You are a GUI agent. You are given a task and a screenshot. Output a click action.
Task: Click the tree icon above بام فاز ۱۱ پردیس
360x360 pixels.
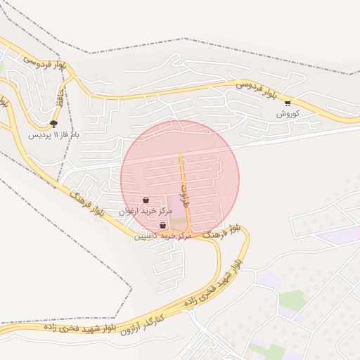(x=53, y=124)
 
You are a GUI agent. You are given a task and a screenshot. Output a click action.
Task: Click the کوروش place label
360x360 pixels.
(x=288, y=113)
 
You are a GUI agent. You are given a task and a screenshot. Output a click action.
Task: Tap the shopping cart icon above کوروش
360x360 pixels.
(x=288, y=103)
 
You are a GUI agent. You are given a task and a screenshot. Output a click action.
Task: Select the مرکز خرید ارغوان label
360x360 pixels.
(x=146, y=210)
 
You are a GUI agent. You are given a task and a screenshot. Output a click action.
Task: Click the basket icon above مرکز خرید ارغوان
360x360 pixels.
(x=146, y=200)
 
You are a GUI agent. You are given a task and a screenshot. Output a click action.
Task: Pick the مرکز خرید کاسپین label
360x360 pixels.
(x=163, y=236)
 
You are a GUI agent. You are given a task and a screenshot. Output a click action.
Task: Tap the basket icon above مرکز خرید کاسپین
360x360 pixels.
(x=163, y=226)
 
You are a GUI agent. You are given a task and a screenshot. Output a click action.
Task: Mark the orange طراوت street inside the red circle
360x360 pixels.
(x=184, y=169)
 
